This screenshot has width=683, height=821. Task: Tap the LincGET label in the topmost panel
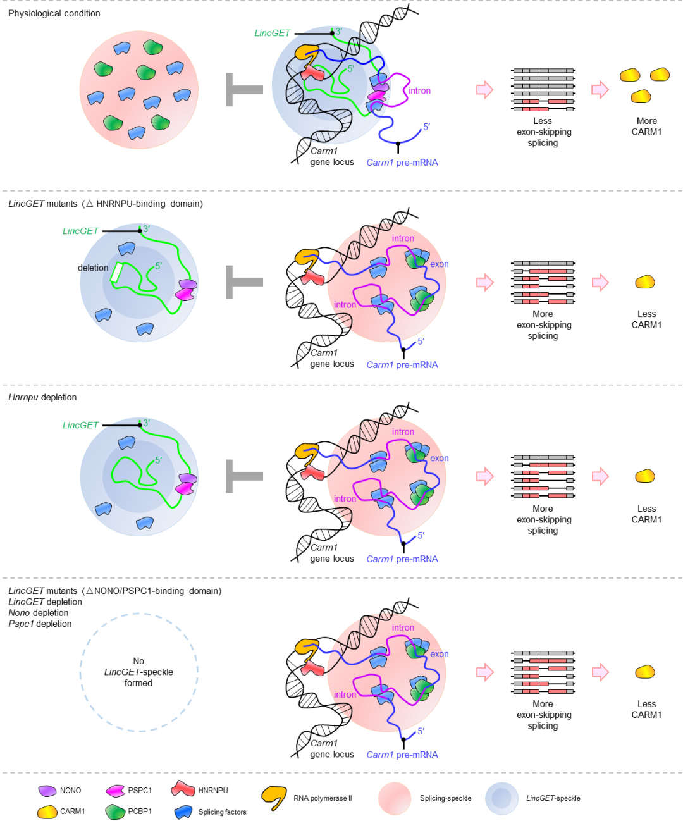(x=273, y=33)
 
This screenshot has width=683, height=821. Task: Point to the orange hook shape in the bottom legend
(x=274, y=796)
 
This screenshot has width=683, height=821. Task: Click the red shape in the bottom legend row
(x=183, y=788)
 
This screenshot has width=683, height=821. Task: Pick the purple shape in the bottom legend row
(x=47, y=791)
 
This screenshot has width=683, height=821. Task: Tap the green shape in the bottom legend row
(x=115, y=812)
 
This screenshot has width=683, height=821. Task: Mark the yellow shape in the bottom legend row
(x=47, y=812)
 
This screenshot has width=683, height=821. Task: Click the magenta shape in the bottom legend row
(x=115, y=791)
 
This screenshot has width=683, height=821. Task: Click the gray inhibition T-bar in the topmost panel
(x=244, y=90)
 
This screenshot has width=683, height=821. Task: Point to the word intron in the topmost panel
(x=419, y=91)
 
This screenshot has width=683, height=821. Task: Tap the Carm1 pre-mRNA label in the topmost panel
(x=402, y=163)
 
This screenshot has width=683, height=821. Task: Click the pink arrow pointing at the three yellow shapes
(x=600, y=89)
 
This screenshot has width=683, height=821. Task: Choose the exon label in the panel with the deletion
(x=439, y=264)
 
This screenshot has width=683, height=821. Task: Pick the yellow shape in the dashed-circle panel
(x=644, y=671)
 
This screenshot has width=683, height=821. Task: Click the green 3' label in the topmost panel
(x=338, y=32)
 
